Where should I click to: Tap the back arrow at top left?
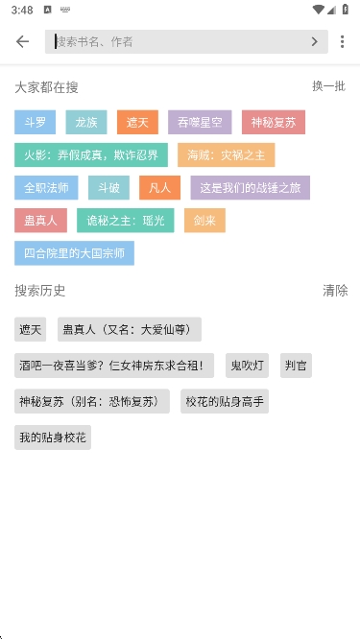[22, 42]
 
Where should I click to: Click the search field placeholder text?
[94, 42]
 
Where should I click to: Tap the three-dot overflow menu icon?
[342, 42]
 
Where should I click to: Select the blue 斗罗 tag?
[36, 122]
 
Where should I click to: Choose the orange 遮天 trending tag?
[137, 122]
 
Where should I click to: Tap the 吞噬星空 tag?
[200, 122]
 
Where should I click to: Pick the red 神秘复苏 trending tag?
[274, 122]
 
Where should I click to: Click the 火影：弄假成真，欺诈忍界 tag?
[91, 155]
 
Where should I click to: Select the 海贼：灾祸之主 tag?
[226, 155]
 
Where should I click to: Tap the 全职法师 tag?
[46, 188]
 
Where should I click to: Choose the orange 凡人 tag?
[159, 188]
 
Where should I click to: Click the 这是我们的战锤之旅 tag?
[250, 188]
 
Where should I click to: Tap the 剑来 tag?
[204, 221]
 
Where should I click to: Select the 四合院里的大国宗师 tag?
[74, 253]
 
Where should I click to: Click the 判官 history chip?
[296, 365]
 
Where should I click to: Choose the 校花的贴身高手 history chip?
[225, 401]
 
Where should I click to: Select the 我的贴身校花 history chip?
[53, 438]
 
